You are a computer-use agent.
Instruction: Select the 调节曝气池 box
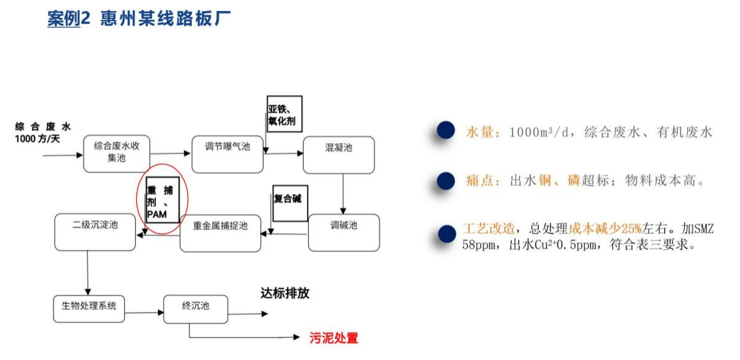coord(228,154)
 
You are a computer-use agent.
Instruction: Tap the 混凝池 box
coord(339,155)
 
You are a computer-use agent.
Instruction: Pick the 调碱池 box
coord(344,232)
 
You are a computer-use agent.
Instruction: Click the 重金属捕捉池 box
coord(220,233)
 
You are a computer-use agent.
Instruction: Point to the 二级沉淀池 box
coord(95,231)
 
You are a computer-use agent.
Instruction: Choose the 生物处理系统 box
coord(89,309)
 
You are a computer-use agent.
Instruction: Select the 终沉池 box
coord(196,309)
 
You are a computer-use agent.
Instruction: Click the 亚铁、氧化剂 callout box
coord(284,114)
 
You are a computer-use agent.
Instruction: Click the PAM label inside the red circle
coord(156,214)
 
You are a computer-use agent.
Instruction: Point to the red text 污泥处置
coord(334,338)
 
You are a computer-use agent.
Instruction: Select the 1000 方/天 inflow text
coord(38,139)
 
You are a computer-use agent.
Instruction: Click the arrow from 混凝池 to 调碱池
coord(343,193)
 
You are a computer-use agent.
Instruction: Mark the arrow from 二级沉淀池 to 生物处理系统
coord(88,273)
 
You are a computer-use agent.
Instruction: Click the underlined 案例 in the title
coord(63,18)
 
